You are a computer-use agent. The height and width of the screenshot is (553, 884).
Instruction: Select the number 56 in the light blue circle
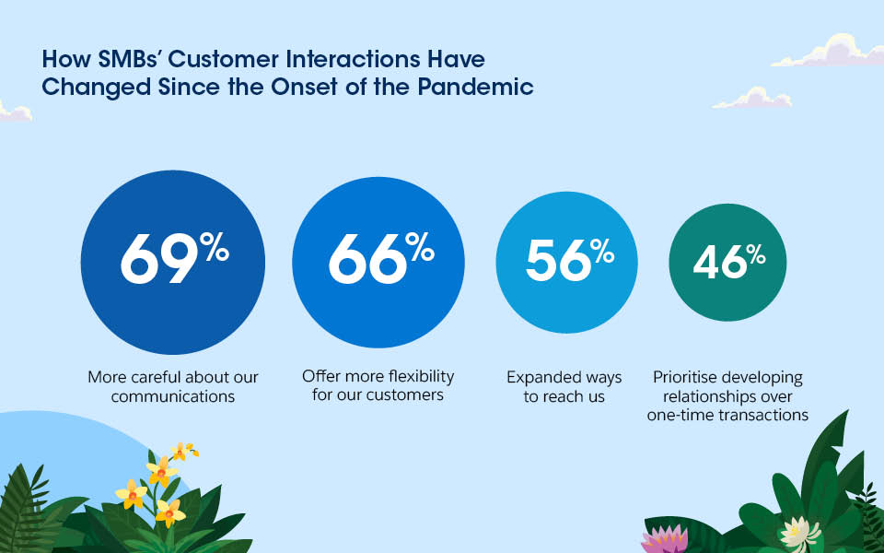[x=557, y=260]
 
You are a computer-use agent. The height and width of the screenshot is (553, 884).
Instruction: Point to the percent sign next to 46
[x=756, y=253]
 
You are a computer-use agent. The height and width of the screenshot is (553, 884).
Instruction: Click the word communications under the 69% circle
[x=173, y=396]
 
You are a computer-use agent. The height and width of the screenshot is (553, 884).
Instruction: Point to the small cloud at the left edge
[x=13, y=112]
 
